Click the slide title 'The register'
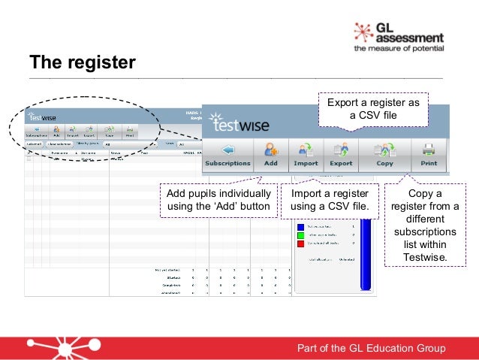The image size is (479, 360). pyautogui.click(x=82, y=61)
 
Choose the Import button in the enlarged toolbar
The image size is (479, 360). pyautogui.click(x=306, y=154)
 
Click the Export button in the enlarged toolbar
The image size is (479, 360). pyautogui.click(x=341, y=154)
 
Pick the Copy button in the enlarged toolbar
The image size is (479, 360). pyautogui.click(x=385, y=154)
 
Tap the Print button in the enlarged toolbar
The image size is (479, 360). pyautogui.click(x=429, y=154)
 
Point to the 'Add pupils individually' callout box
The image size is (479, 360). pyautogui.click(x=218, y=199)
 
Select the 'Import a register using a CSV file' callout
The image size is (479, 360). pyautogui.click(x=330, y=199)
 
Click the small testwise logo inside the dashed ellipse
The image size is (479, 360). pyautogui.click(x=43, y=116)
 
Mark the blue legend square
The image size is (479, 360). pyautogui.click(x=300, y=225)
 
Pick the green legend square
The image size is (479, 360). pyautogui.click(x=300, y=235)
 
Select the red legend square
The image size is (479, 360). pyautogui.click(x=300, y=244)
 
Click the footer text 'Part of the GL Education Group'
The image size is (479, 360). pyautogui.click(x=371, y=347)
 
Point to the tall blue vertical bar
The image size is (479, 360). pyautogui.click(x=366, y=256)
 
